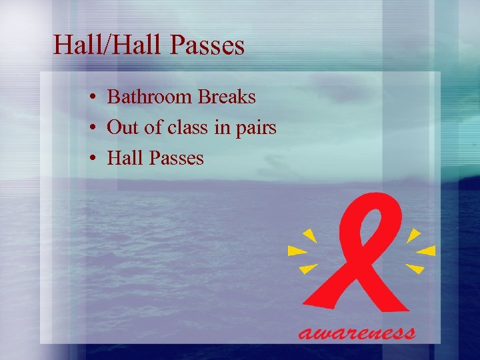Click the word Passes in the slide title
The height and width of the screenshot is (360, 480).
tap(208, 45)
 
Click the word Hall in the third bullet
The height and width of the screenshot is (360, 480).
tap(124, 159)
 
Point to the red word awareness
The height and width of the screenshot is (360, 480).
tap(357, 331)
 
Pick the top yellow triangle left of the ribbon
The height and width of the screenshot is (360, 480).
tap(309, 235)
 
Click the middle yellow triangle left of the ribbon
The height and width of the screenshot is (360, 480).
tap(296, 251)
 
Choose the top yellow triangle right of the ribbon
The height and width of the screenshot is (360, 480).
tap(413, 235)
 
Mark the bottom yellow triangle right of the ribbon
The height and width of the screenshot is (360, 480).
tap(415, 269)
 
